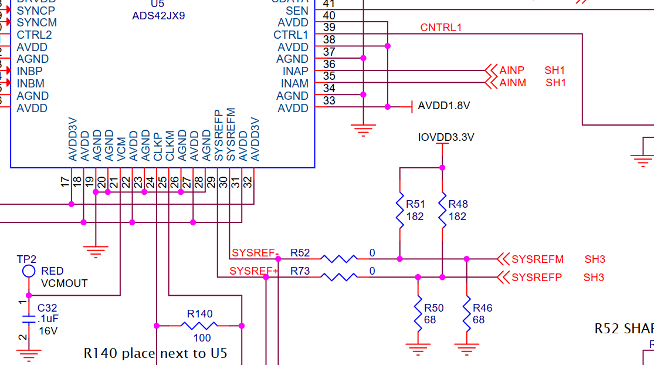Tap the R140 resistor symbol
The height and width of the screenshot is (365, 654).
point(199,326)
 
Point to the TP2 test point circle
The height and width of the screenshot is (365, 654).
point(28,271)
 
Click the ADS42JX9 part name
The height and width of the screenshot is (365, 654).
point(158,16)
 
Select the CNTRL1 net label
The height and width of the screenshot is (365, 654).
point(441,28)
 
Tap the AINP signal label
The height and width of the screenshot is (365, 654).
point(512,70)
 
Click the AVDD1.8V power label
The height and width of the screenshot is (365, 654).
point(443,106)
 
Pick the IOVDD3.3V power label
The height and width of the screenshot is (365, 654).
point(446,137)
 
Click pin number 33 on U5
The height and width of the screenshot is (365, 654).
point(329,101)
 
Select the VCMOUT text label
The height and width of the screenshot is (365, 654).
point(64,283)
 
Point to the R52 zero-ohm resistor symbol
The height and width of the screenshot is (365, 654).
point(338,258)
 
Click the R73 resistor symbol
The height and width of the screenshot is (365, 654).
point(338,276)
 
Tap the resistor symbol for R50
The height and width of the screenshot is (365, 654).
point(418,313)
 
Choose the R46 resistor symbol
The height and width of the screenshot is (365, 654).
point(466,313)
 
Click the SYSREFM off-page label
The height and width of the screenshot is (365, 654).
point(537,259)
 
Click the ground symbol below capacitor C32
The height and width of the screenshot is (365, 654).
point(28,354)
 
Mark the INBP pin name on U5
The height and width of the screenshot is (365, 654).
point(30,71)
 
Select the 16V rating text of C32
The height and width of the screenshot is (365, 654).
point(48,330)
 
